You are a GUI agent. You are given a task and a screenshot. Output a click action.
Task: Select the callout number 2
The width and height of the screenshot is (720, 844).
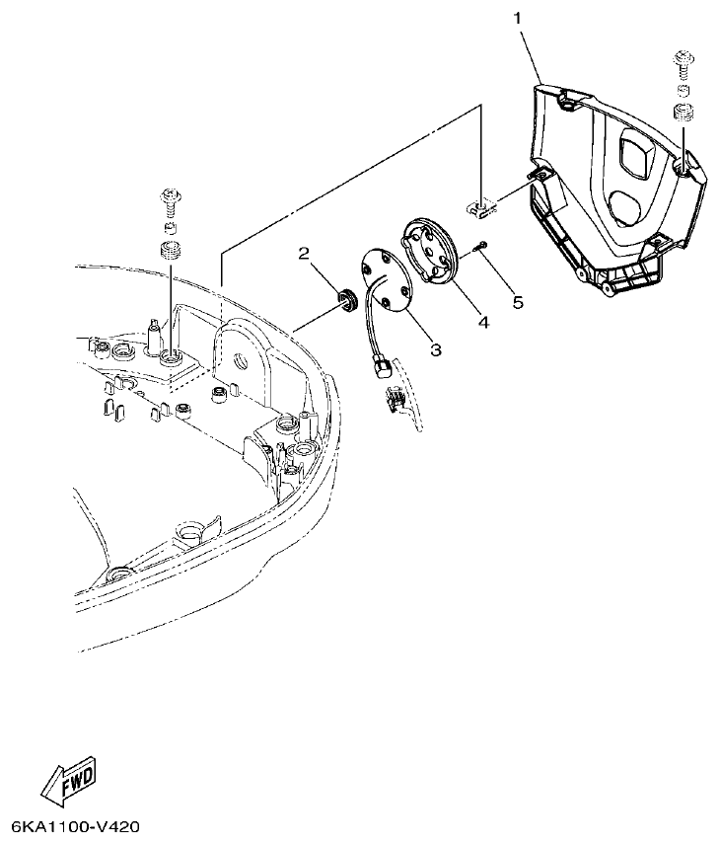tap(306, 254)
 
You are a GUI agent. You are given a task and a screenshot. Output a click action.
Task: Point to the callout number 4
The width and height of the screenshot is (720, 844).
tap(482, 321)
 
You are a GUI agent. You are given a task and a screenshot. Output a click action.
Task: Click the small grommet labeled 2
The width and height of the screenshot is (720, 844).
tap(347, 297)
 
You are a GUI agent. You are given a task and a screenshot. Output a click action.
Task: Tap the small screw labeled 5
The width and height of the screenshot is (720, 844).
tap(480, 248)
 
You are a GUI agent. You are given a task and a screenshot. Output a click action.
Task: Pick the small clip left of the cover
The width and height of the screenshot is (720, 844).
tap(478, 209)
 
